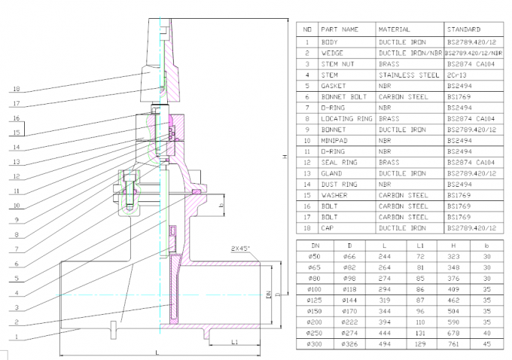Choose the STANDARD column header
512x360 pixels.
(x=464, y=29)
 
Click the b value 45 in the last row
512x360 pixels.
(x=487, y=343)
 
